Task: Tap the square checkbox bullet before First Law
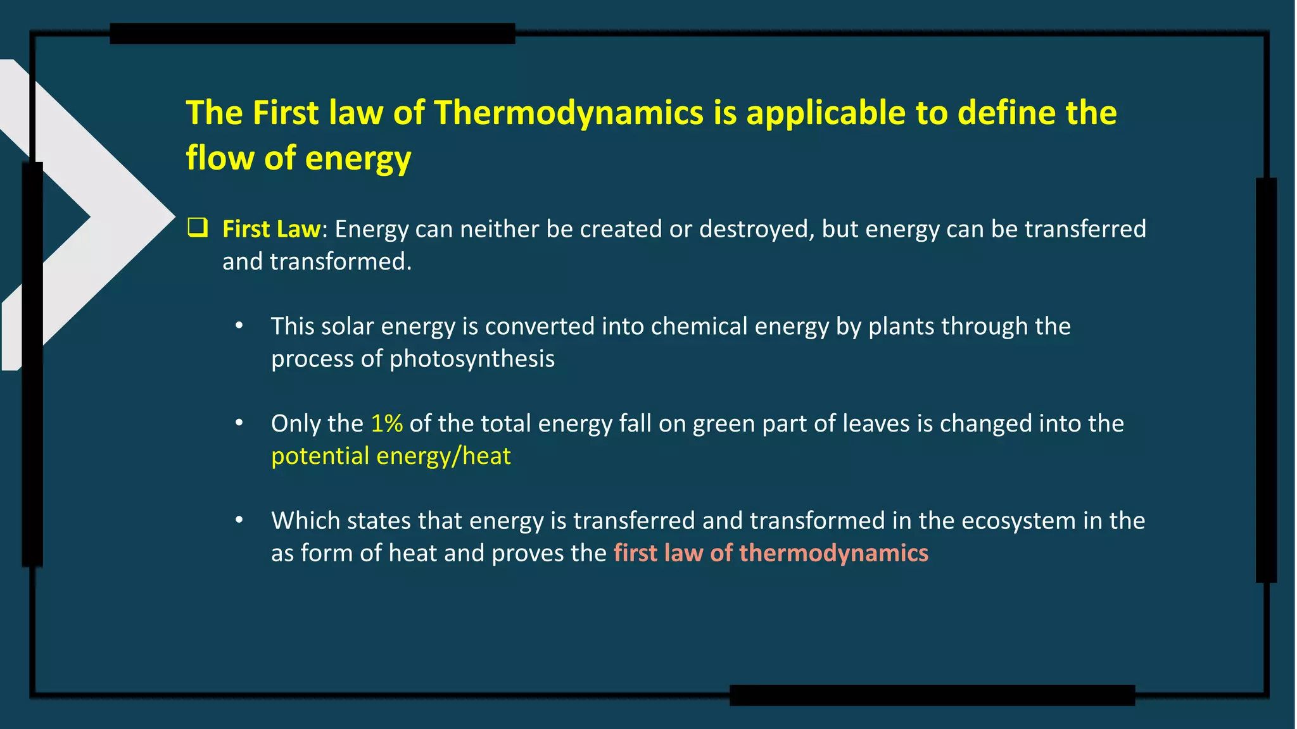point(198,227)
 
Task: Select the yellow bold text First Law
point(272,229)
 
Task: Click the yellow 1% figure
point(386,423)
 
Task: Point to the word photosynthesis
point(471,359)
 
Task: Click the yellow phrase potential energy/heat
point(391,456)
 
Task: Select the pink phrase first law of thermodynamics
point(771,553)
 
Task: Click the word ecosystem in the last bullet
point(1018,521)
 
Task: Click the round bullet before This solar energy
point(239,326)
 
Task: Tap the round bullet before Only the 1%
point(239,423)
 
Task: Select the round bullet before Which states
point(239,520)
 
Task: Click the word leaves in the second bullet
point(874,423)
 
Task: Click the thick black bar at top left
point(312,34)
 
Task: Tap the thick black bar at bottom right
point(932,695)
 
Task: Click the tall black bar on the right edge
point(1266,380)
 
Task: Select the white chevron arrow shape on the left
point(120,215)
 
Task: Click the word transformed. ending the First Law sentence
point(341,262)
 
